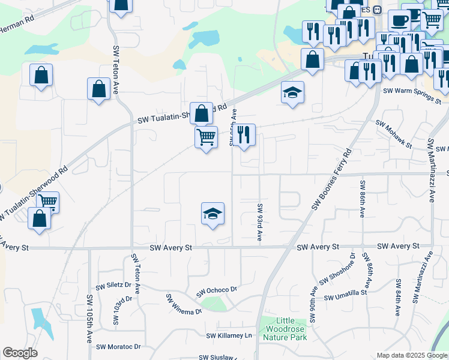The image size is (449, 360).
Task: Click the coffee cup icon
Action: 399,21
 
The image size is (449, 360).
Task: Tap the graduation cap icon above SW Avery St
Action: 212,214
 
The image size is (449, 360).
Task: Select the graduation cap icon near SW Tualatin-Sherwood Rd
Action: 292,92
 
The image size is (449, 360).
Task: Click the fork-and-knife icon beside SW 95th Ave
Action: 244,135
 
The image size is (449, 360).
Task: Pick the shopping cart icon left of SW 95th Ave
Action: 206,137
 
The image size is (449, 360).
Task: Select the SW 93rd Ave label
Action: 260,222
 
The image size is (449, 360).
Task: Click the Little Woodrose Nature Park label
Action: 285,329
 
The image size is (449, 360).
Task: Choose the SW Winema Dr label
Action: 183,304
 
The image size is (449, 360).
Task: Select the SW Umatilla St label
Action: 345,295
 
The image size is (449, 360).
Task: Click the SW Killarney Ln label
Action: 230,336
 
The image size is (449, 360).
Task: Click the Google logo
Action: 20,353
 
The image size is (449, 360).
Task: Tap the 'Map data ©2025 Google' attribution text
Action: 411,355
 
